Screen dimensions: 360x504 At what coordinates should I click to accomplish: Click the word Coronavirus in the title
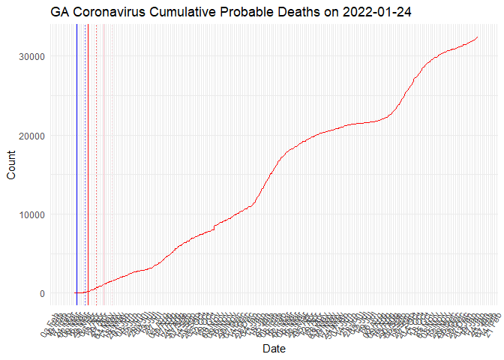pyautogui.click(x=109, y=13)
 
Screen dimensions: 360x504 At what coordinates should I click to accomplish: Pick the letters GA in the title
pyautogui.click(x=61, y=13)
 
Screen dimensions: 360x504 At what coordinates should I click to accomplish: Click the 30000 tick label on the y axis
pyautogui.click(x=31, y=56)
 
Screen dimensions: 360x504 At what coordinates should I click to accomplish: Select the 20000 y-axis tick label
pyautogui.click(x=31, y=136)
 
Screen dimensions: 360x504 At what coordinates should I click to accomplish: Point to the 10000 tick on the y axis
pyautogui.click(x=31, y=214)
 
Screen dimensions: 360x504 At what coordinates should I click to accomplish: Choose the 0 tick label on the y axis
pyautogui.click(x=42, y=293)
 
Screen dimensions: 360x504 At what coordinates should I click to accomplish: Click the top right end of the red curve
pyautogui.click(x=478, y=37)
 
